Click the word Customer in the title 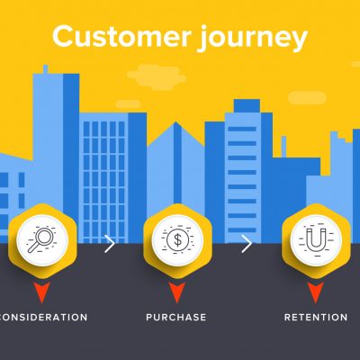pos(121,36)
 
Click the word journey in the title pos(253,38)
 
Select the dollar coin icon pos(177,240)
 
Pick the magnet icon pos(316,240)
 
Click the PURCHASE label pos(176,317)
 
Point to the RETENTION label pos(316,317)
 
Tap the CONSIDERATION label pos(43,317)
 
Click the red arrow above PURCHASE pos(176,291)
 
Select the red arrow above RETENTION pos(316,291)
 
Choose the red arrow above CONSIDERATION pos(42,291)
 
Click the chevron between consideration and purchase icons pos(110,244)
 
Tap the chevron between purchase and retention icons pos(247,244)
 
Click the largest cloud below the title pos(156,77)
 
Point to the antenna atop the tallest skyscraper pos(45,69)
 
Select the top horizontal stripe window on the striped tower pos(242,129)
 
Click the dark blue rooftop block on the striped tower pos(247,106)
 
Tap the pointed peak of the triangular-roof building pos(176,122)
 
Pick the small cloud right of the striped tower pos(307,98)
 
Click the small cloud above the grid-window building pos(128,104)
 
